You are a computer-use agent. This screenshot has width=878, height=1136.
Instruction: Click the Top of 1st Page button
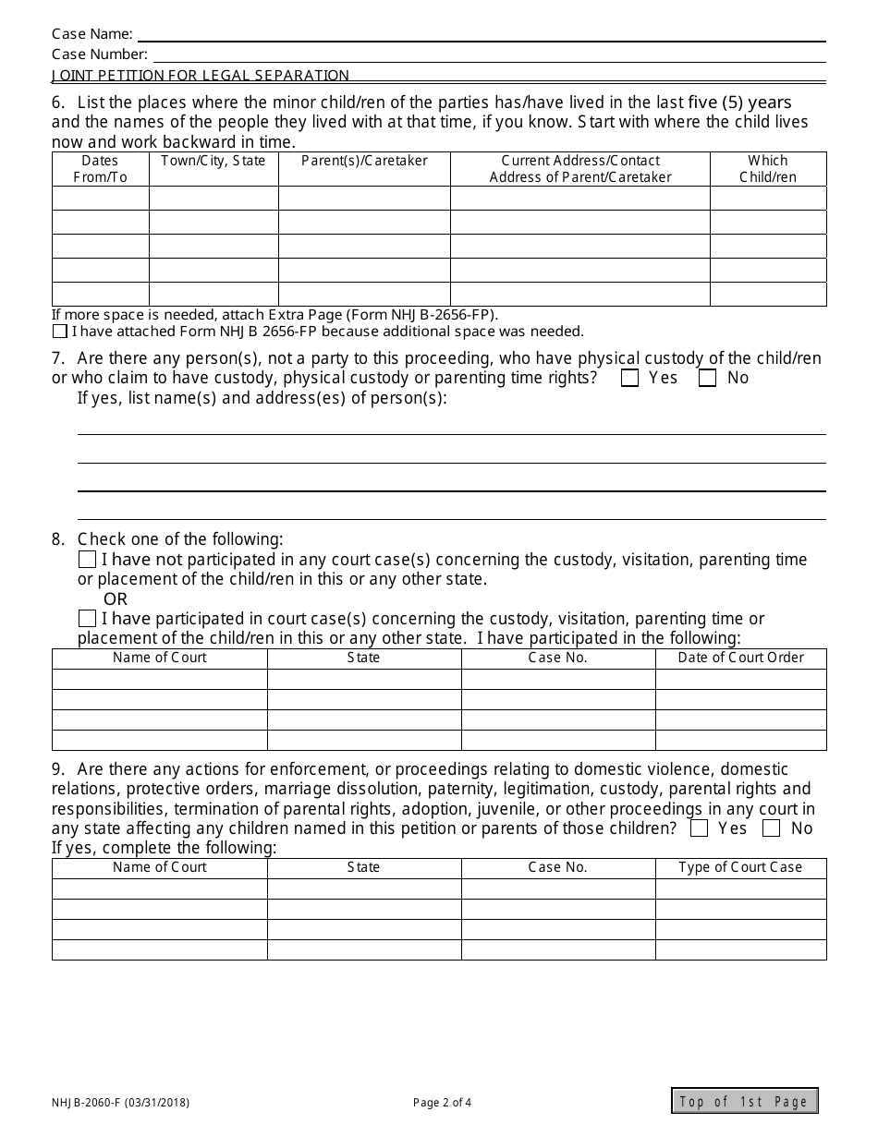tap(744, 1101)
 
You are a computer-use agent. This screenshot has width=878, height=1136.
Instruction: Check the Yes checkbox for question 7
tap(630, 378)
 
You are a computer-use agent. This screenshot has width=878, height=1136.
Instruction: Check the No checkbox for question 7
tap(708, 378)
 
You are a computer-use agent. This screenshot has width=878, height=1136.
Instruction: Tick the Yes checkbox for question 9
tap(700, 828)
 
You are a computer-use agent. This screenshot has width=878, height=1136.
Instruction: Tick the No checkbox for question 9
tap(772, 828)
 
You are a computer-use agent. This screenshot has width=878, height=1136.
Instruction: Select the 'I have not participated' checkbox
tap(87, 560)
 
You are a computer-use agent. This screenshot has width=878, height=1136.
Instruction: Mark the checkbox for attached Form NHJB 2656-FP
tap(60, 332)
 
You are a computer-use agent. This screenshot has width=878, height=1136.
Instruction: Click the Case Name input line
tap(481, 34)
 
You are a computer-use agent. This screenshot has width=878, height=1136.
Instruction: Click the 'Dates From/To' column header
tap(100, 169)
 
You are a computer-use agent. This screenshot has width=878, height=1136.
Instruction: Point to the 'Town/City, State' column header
tap(213, 161)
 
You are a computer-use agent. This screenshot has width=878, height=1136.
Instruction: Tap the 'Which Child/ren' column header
tap(768, 169)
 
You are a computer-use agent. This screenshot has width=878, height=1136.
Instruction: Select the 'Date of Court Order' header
tap(740, 658)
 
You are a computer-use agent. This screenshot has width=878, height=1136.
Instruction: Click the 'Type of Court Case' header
tap(740, 867)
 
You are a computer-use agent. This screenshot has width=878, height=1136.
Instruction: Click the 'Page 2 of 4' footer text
tap(442, 1102)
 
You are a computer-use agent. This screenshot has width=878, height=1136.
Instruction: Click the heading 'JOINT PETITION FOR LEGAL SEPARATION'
tap(201, 76)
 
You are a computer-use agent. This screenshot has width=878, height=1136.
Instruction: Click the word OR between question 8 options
tap(116, 599)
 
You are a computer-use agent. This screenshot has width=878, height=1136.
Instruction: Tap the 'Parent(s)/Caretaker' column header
tap(364, 161)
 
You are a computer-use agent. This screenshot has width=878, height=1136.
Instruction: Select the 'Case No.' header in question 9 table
tap(557, 867)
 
